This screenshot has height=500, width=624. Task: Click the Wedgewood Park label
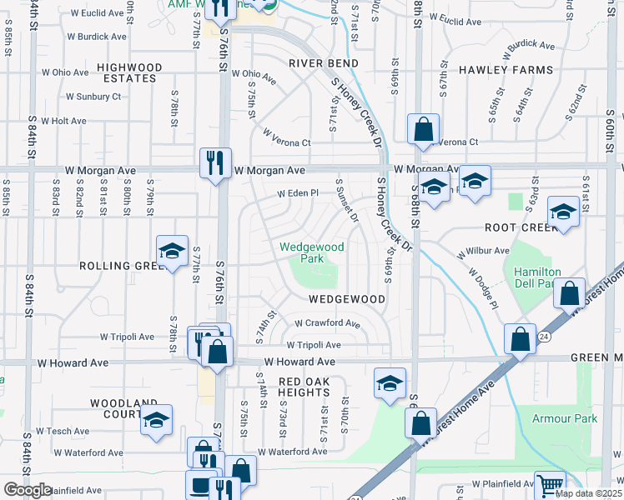coord(311,252)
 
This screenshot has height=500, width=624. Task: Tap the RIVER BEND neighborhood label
coord(324,63)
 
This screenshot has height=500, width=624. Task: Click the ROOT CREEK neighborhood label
coord(518,227)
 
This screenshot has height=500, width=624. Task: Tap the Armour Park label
coord(571,418)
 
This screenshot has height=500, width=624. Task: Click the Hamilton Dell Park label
coord(537,278)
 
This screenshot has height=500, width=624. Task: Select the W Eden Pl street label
coord(298,193)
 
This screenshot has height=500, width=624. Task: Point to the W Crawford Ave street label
coord(327,323)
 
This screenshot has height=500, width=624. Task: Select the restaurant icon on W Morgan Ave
coord(216,162)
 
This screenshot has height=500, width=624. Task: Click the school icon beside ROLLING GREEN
coord(171,252)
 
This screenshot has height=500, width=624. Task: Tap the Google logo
coord(28,491)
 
